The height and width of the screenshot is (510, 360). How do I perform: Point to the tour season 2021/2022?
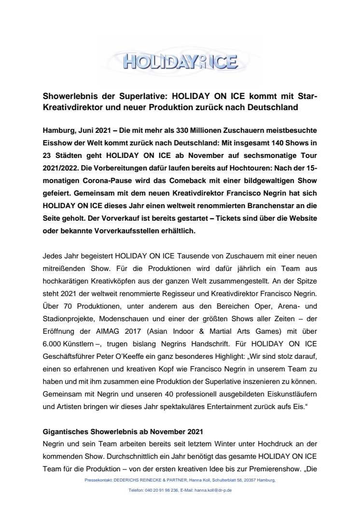pyautogui.click(x=62, y=169)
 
